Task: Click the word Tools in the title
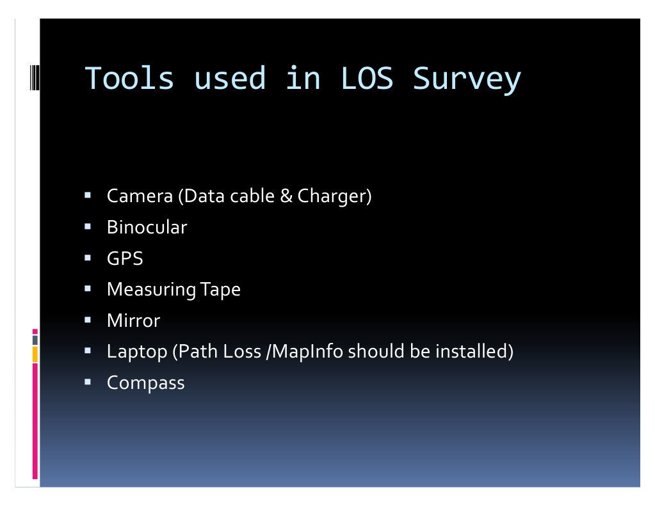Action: coord(129,79)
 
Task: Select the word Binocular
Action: coord(147,227)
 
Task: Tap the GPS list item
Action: coord(125,258)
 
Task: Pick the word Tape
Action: coord(221,290)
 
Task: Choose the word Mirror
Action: coord(133,320)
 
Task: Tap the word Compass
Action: coord(145,383)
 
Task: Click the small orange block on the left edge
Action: coord(35,354)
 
